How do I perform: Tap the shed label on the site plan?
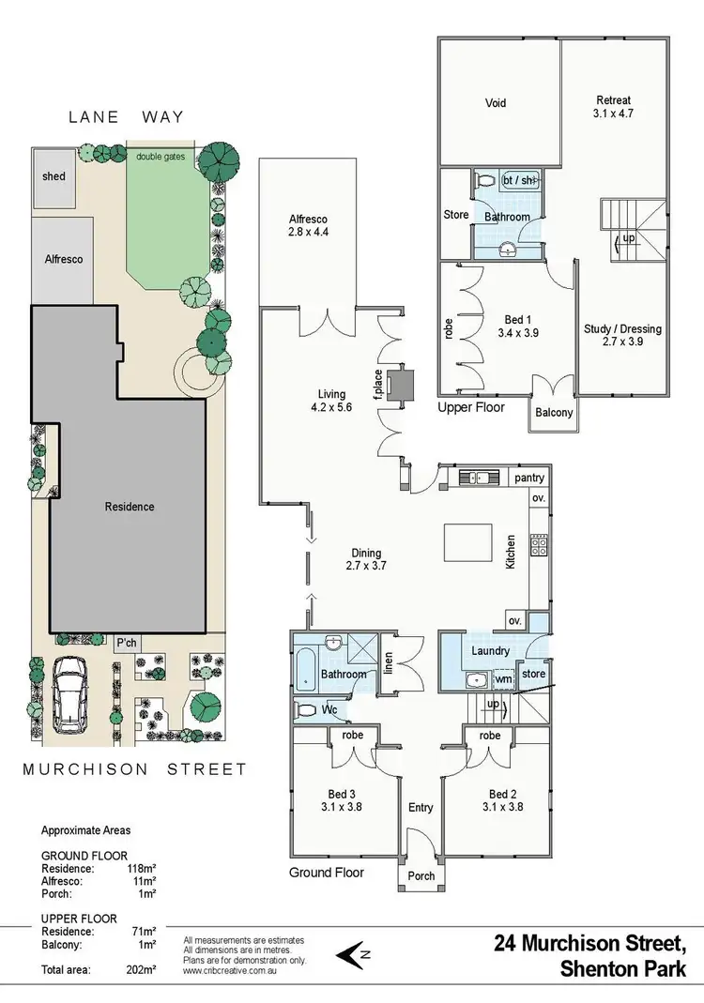(x=54, y=175)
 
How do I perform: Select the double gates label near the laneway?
(x=161, y=156)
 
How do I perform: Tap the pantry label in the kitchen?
(x=529, y=478)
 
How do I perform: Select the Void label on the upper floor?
(x=497, y=102)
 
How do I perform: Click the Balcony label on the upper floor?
(x=552, y=411)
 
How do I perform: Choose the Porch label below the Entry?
(x=421, y=876)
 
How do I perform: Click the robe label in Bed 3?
(x=353, y=736)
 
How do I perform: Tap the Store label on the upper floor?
(x=456, y=215)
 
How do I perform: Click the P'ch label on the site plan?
(x=125, y=644)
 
